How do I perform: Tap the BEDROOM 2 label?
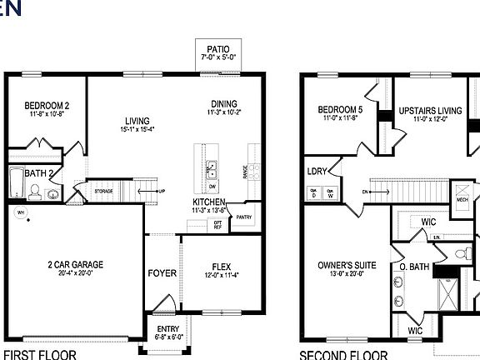coord(46,105)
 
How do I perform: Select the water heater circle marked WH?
coord(21,212)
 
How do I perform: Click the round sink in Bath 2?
coord(52,195)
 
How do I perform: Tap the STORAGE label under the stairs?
coord(103,191)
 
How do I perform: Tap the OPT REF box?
coord(218,224)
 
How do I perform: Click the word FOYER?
coord(162,273)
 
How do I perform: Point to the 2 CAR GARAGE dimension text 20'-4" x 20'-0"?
coord(76,272)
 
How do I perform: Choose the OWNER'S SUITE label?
coord(347,266)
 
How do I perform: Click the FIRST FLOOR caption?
coord(41,354)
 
